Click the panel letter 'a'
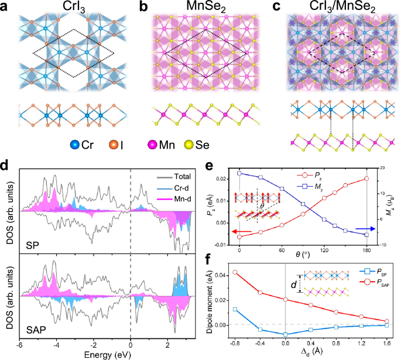[5, 6]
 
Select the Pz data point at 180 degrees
[366, 179]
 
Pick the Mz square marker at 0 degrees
[239, 173]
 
